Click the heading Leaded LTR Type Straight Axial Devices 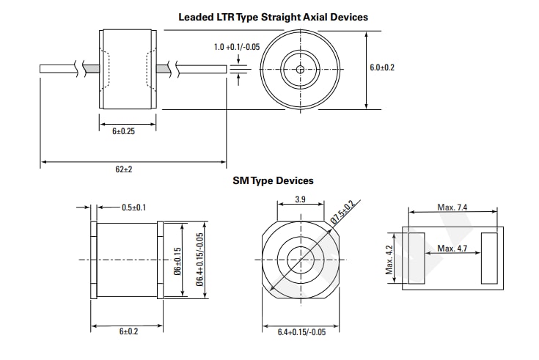click(273, 16)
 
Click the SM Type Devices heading click(273, 180)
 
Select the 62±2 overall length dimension click(123, 169)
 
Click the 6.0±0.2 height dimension click(381, 67)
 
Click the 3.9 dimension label click(300, 199)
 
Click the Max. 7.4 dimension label click(452, 207)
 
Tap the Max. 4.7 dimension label click(452, 249)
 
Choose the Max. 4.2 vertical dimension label click(390, 258)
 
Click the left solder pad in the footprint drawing click(416, 258)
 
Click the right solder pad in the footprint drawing click(488, 258)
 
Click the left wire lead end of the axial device click(44, 69)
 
